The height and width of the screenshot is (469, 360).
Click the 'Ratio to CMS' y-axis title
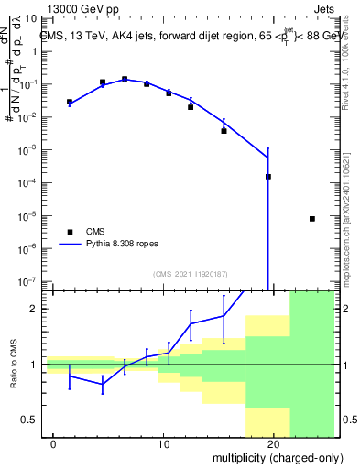point(14,364)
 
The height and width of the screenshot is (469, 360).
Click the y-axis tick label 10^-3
point(28,150)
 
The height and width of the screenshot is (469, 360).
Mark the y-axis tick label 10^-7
point(28,281)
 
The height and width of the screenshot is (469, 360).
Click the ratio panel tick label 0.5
point(32,420)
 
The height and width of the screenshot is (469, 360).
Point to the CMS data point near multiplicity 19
point(268,177)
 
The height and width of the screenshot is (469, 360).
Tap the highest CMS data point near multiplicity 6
point(125,79)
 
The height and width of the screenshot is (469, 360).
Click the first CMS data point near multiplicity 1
point(70,102)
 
